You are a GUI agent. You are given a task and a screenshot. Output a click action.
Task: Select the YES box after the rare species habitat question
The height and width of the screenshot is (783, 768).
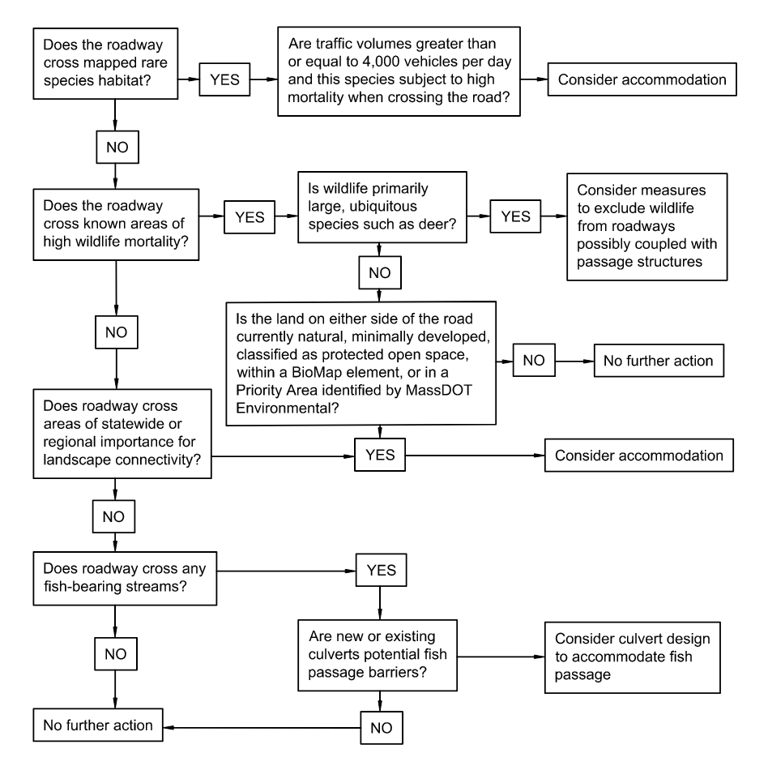click(x=225, y=80)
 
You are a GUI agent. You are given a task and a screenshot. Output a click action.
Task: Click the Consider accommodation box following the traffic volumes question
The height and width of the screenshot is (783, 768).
click(x=642, y=80)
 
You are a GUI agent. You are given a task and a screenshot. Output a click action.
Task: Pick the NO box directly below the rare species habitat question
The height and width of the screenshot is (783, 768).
click(x=117, y=148)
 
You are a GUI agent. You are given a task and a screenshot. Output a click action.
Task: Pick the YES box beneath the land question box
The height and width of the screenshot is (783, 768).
click(x=379, y=455)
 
